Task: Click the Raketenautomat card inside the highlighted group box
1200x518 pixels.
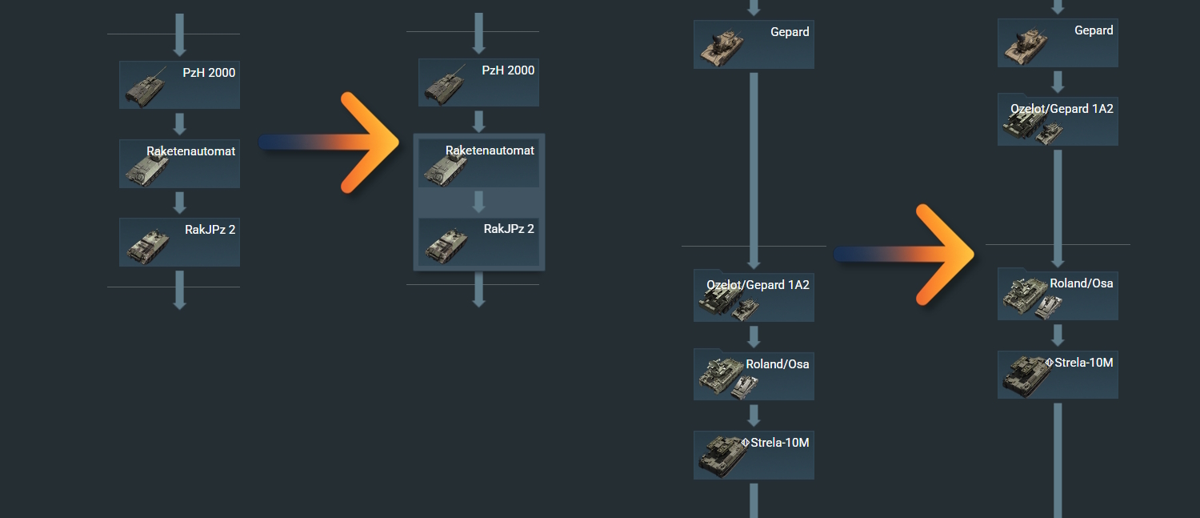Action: tap(478, 163)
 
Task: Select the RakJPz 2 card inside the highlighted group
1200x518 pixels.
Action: tap(478, 242)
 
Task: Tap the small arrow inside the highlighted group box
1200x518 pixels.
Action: tap(478, 202)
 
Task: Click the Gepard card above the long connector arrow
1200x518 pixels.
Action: tap(754, 44)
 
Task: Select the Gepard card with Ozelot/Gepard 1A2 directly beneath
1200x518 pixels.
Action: tap(1058, 42)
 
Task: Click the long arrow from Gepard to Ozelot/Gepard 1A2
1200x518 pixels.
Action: tap(754, 168)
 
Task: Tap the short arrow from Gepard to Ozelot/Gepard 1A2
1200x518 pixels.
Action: tap(1058, 81)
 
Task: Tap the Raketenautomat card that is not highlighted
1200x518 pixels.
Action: tap(179, 164)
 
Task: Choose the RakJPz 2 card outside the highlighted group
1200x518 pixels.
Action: tap(179, 242)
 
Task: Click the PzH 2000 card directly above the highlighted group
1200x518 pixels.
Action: tap(478, 83)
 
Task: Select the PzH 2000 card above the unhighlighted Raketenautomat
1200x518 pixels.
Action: tap(179, 85)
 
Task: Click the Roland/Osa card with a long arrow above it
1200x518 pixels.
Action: tap(1058, 295)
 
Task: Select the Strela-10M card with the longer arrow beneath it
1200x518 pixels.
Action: tap(1058, 375)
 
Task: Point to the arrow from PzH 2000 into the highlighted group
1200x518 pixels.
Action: tap(478, 122)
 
